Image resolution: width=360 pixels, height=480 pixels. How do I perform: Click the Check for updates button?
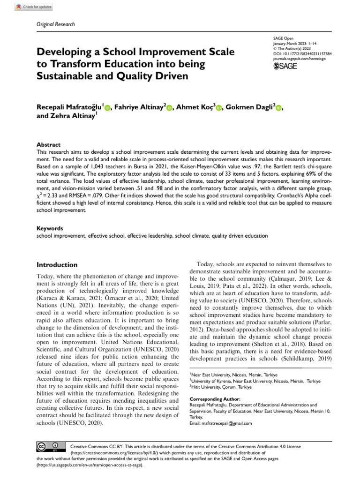click(34, 7)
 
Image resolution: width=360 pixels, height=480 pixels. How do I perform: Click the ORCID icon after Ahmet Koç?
click(218, 108)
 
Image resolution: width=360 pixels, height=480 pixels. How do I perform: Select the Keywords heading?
click(50, 228)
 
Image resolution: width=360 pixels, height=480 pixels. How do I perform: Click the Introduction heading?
click(57, 265)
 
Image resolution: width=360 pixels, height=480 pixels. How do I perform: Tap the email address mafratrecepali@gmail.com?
click(220, 423)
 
